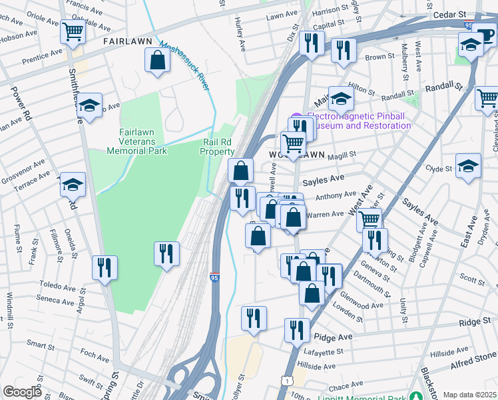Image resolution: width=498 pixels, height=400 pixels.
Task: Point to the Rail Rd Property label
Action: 218,147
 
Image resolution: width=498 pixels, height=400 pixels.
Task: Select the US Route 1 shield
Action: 286,379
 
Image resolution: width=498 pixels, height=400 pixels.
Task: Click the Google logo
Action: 22,392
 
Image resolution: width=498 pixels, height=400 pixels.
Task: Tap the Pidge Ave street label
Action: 336,338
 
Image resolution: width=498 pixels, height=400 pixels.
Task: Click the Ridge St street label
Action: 475,322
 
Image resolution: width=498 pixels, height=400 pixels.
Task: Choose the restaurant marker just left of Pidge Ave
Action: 297,329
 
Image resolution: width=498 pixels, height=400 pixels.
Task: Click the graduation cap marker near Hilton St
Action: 340,99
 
